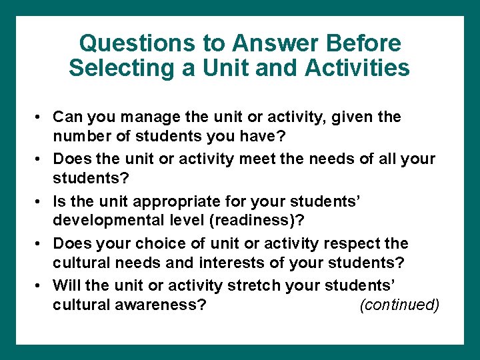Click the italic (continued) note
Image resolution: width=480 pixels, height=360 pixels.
(399, 305)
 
